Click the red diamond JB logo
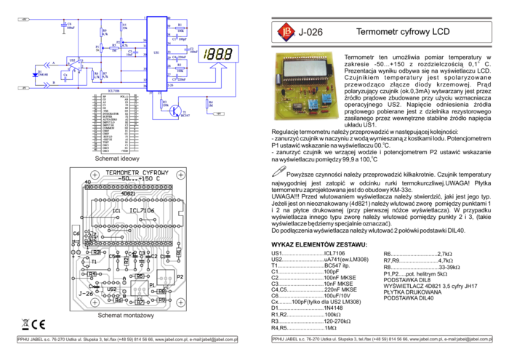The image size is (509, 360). click(x=286, y=31)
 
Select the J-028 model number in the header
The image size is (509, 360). click(x=311, y=32)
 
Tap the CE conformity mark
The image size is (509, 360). click(x=39, y=325)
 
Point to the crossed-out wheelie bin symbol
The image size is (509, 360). click(x=25, y=325)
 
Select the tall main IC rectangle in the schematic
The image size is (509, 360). click(x=156, y=54)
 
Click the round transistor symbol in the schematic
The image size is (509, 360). click(x=175, y=111)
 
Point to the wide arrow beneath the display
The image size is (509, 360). click(x=218, y=69)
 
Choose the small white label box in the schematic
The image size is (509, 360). click(x=96, y=49)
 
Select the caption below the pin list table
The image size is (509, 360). click(x=116, y=158)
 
